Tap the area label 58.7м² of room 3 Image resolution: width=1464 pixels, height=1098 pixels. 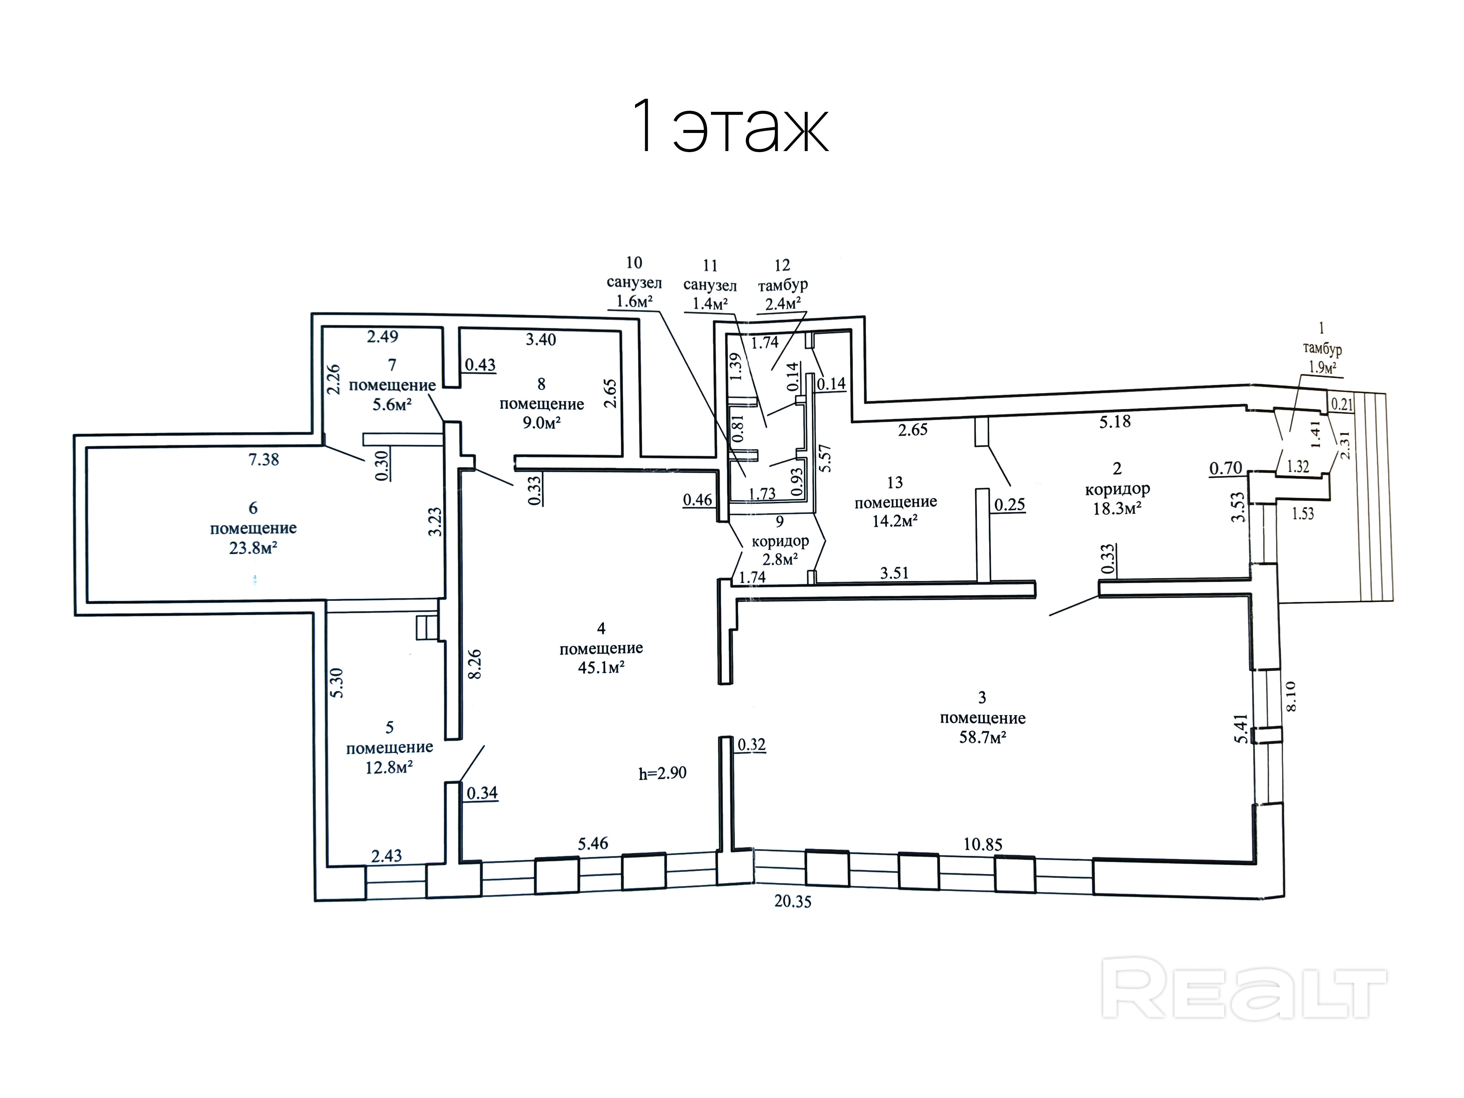tap(983, 737)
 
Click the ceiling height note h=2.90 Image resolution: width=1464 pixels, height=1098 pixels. tap(663, 773)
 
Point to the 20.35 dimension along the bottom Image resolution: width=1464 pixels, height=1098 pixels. tap(793, 902)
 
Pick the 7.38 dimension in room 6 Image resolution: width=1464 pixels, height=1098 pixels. tap(263, 459)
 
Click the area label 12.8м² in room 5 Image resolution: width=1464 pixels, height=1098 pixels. tap(389, 768)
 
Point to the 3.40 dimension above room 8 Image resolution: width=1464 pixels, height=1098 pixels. tap(541, 339)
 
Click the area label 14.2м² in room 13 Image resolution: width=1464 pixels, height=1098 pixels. tap(894, 521)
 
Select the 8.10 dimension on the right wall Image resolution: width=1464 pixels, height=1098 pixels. tap(1290, 696)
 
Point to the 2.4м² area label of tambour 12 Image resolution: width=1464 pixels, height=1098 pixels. tap(782, 304)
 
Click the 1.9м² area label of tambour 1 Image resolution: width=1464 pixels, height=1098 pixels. tap(1322, 368)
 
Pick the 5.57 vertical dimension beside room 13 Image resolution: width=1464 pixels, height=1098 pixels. tap(825, 458)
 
